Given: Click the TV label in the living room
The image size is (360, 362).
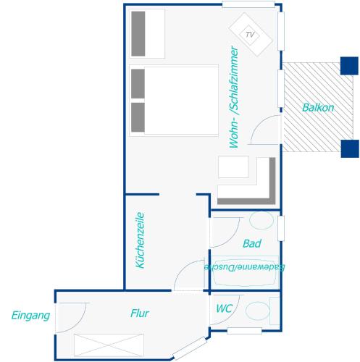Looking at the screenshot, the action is coord(250,35).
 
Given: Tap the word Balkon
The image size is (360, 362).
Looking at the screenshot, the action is coord(318,108).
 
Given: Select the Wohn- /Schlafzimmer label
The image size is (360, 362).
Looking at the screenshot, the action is coord(234,97).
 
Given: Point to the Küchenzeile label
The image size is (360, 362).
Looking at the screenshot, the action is coord(140,240).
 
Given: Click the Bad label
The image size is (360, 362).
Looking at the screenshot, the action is coord(252,244).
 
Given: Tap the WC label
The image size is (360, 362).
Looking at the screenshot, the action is coord(225,308).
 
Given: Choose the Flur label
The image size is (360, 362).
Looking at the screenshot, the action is coord(140,313).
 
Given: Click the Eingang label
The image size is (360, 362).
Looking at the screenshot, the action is coord(30,316).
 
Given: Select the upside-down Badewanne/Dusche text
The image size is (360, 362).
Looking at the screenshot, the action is coord(244,267).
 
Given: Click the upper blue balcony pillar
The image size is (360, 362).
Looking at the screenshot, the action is coord(349,66).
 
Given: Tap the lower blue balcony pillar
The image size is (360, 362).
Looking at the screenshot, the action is coord(350,148).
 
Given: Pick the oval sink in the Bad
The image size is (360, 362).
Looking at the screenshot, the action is coord(261,221).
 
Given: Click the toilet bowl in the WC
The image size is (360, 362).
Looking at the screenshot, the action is coord(257,311).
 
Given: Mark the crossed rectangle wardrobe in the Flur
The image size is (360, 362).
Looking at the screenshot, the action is coord(109,345).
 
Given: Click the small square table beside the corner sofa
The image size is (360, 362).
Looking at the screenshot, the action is coord(233,167).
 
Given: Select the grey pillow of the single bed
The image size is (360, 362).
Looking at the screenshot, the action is coord(138,34).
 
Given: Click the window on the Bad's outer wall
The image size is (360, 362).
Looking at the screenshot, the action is coord(281,228).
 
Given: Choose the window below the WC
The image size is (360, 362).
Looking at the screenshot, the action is coord(244,331).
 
